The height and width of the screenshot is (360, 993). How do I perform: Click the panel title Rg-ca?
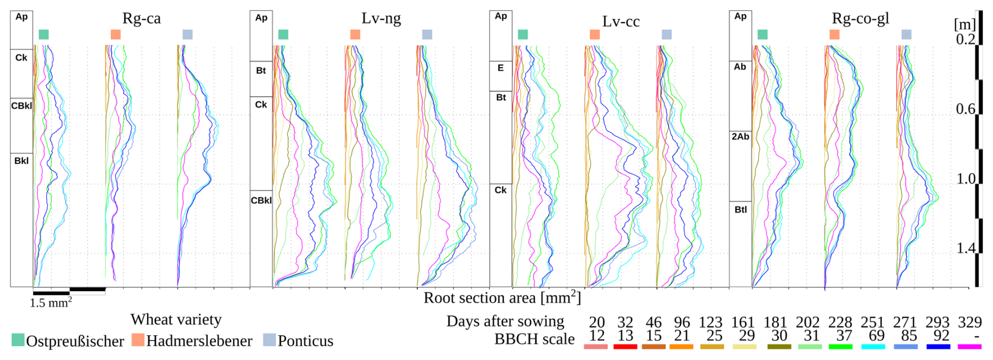[x=141, y=18]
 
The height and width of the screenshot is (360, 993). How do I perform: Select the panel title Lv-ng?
[x=381, y=18]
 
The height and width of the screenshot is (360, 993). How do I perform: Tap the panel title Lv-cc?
[x=621, y=22]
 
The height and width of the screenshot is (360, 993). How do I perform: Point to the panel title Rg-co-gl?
[x=860, y=18]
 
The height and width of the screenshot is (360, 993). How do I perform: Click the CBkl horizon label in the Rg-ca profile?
[x=22, y=105]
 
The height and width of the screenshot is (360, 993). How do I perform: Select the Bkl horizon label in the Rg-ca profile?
[x=22, y=161]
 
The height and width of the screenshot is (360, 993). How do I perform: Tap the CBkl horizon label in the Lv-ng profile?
[x=261, y=200]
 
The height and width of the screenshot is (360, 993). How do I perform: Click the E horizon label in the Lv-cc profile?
[x=501, y=68]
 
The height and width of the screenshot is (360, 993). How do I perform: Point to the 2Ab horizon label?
[x=740, y=136]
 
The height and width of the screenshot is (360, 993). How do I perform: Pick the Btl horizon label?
[x=741, y=209]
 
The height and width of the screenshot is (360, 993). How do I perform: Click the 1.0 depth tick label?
[x=966, y=178]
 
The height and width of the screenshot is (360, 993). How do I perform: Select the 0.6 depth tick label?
[x=966, y=109]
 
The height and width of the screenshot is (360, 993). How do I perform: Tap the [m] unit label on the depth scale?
[x=965, y=24]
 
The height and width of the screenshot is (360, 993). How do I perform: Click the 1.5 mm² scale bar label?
[x=50, y=303]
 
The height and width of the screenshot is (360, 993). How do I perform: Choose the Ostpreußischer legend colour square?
[x=18, y=340]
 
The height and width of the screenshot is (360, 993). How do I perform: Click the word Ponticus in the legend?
[x=305, y=341]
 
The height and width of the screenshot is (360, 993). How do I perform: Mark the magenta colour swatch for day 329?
[x=969, y=346]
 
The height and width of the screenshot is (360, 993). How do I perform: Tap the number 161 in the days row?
[x=743, y=322]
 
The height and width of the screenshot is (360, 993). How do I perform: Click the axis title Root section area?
[x=502, y=298]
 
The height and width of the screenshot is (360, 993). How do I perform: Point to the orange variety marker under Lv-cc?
[x=595, y=35]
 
